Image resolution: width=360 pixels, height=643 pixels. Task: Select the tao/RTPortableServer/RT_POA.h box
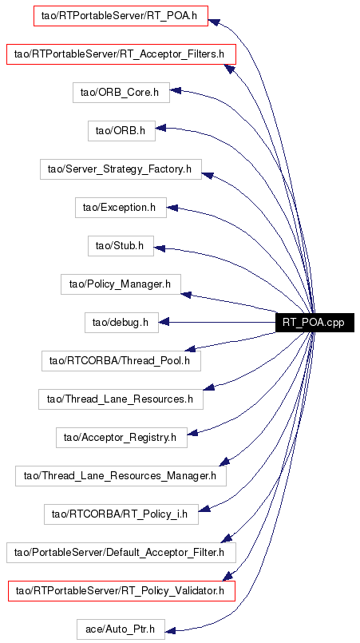tap(121, 16)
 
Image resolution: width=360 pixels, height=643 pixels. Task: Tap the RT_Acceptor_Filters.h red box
tap(121, 54)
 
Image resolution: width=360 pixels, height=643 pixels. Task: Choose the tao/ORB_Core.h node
tap(121, 93)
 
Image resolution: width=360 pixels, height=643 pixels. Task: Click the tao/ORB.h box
tap(121, 131)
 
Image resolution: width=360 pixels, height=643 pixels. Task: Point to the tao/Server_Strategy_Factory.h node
tap(121, 169)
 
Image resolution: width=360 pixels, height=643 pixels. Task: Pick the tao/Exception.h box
tap(121, 208)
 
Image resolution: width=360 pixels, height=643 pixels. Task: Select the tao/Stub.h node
tap(121, 246)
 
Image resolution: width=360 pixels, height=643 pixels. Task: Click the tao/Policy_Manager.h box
tap(121, 284)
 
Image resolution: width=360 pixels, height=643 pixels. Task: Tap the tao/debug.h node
tap(121, 323)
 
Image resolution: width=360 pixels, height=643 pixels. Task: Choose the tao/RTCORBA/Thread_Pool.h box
tap(121, 361)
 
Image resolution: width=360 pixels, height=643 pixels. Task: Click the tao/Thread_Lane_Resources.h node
tap(121, 399)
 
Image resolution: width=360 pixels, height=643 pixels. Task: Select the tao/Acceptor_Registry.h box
tap(121, 438)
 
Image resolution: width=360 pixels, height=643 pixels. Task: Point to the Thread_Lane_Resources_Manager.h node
tap(121, 476)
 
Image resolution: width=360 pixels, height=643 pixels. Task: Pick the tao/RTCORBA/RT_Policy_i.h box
tap(121, 514)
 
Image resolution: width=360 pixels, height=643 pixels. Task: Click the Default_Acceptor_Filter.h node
tap(121, 553)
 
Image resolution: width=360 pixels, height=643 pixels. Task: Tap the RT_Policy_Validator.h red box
tap(121, 591)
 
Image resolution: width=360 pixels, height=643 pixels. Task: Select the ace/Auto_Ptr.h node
tap(121, 629)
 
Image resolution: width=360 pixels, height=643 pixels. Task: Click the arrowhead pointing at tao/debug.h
tap(164, 323)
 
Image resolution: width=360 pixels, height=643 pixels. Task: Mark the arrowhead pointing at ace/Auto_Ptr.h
tap(170, 629)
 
